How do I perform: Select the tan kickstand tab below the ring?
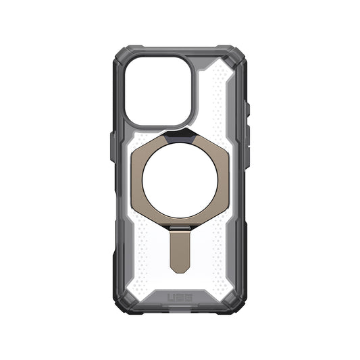pyautogui.click(x=180, y=253)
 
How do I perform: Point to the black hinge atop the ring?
pyautogui.click(x=180, y=134)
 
